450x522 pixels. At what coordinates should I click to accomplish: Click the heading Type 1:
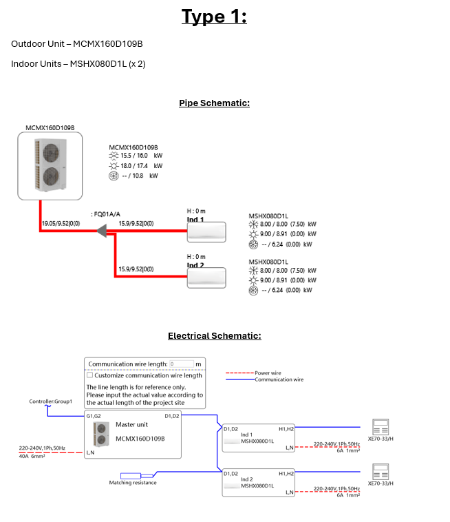(214, 17)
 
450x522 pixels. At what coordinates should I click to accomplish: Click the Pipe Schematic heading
(214, 103)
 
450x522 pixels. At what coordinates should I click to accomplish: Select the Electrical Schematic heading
(214, 336)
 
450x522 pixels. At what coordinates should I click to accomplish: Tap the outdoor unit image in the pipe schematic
(50, 166)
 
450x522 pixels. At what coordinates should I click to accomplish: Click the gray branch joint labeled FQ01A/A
(104, 232)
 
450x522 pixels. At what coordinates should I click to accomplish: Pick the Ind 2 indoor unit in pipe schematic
(206, 278)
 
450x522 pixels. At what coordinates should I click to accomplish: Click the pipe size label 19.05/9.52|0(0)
(61, 223)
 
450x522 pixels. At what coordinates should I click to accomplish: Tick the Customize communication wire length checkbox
(89, 375)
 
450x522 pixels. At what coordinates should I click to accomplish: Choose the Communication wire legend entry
(279, 379)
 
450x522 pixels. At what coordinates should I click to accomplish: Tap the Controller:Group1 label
(50, 401)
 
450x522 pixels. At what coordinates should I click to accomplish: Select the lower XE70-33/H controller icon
(380, 472)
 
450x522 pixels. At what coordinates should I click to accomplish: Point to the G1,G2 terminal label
(94, 416)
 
